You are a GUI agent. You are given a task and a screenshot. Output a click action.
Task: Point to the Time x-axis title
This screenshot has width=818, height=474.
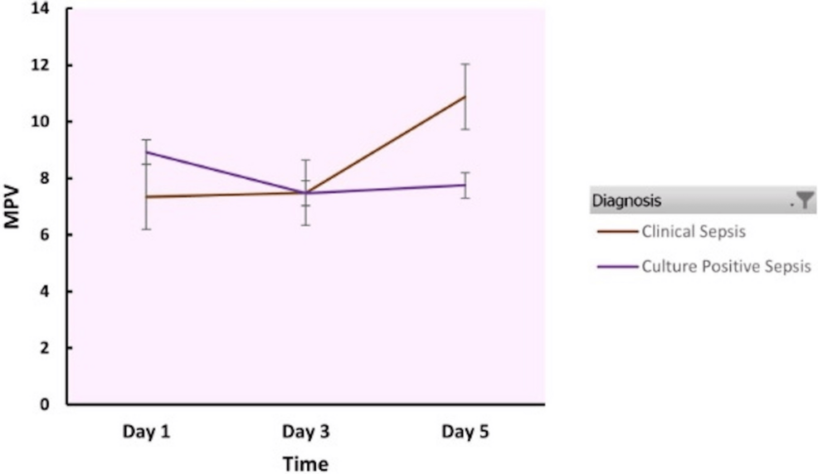[305, 463]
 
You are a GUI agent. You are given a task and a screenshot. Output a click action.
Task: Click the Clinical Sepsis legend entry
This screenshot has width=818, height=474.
[693, 231]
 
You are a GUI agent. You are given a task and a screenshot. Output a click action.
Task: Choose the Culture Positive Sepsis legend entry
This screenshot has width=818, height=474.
[725, 266]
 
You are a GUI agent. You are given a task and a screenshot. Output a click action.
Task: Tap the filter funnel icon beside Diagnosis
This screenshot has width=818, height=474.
[805, 200]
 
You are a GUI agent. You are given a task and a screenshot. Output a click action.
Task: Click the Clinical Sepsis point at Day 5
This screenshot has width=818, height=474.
[465, 96]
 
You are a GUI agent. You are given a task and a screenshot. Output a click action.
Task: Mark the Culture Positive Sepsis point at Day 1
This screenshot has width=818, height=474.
[147, 152]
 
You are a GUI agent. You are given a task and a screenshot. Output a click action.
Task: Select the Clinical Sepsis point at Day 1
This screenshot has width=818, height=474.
[147, 196]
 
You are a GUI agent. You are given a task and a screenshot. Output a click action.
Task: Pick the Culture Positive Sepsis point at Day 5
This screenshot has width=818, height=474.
[465, 185]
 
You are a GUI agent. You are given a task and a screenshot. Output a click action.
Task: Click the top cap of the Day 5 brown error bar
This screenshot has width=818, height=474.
[465, 64]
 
